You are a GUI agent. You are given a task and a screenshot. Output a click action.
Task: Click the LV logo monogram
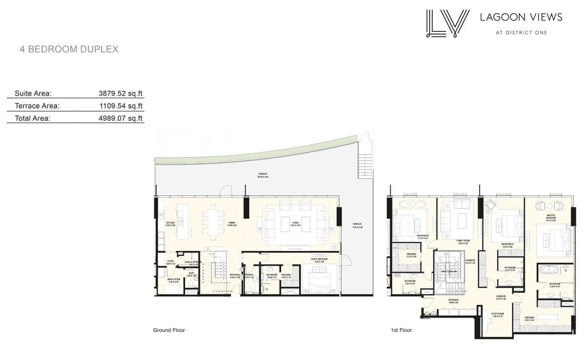click(447, 23)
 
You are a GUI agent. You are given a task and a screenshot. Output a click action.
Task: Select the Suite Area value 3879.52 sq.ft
click(120, 93)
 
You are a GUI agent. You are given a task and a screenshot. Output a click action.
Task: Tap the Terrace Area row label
click(37, 106)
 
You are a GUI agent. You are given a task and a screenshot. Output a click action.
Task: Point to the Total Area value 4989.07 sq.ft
click(120, 118)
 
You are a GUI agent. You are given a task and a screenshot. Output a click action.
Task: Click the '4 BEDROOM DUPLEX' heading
click(69, 49)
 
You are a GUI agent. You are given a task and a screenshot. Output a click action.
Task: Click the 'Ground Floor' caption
click(169, 330)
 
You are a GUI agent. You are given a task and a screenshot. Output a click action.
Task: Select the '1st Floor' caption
click(401, 330)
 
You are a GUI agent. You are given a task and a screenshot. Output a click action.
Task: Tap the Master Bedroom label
click(551, 216)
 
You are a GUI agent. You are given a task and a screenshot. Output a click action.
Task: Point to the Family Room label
click(462, 242)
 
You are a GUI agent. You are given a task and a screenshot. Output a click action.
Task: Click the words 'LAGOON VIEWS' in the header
click(521, 18)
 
